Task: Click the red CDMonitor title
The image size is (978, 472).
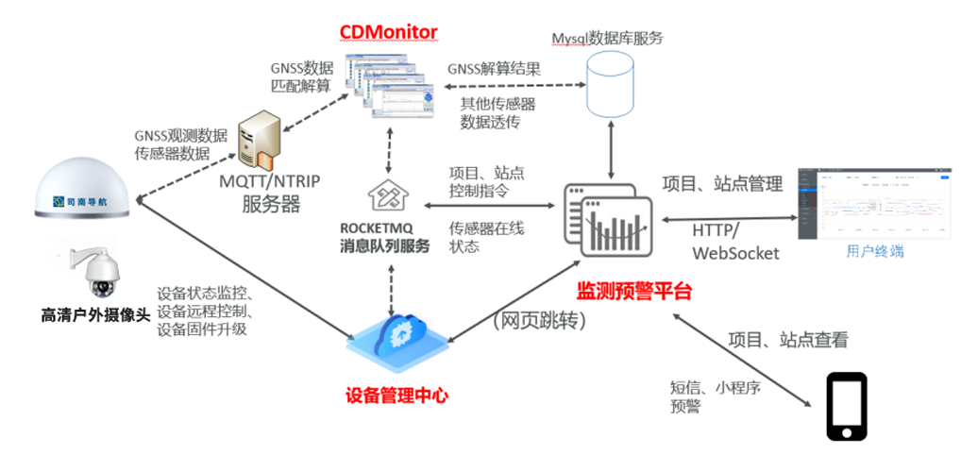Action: coord(388,32)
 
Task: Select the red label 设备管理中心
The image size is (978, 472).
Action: coord(395,395)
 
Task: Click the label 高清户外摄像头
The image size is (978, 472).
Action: coord(95,315)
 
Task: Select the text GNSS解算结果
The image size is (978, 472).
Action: coord(494,68)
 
